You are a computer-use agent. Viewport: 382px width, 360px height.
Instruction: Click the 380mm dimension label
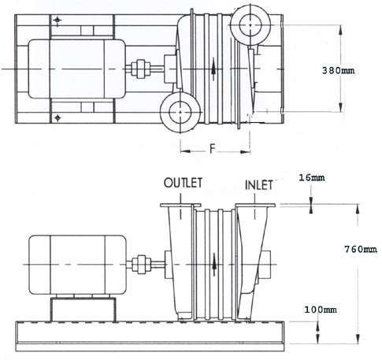point(338,70)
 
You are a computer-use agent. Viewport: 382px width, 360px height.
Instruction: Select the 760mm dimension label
point(361,249)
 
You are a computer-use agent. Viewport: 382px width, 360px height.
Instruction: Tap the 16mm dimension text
point(312,178)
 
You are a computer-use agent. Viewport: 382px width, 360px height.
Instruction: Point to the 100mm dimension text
point(321,310)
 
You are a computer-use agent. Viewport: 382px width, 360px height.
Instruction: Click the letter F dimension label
point(213,149)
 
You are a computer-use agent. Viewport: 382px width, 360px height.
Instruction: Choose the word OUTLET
point(183,183)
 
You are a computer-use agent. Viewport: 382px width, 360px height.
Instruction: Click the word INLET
point(259,185)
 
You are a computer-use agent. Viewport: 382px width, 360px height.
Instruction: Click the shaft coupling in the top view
point(141,69)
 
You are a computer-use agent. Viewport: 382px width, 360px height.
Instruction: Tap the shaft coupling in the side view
point(141,265)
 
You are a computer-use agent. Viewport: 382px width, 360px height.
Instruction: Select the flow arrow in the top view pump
point(214,69)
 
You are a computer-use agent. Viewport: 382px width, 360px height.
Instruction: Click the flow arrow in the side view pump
point(214,265)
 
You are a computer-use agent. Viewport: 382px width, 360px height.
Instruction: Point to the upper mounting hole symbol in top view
point(57,20)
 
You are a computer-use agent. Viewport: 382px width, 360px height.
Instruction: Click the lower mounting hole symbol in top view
point(57,118)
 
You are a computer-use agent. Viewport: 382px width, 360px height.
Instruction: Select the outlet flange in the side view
point(180,205)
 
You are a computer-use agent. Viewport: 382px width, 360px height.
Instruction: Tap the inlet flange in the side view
point(255,205)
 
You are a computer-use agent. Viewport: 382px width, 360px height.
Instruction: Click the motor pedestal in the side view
point(83,310)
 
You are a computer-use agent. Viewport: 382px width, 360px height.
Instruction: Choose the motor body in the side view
point(77,265)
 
